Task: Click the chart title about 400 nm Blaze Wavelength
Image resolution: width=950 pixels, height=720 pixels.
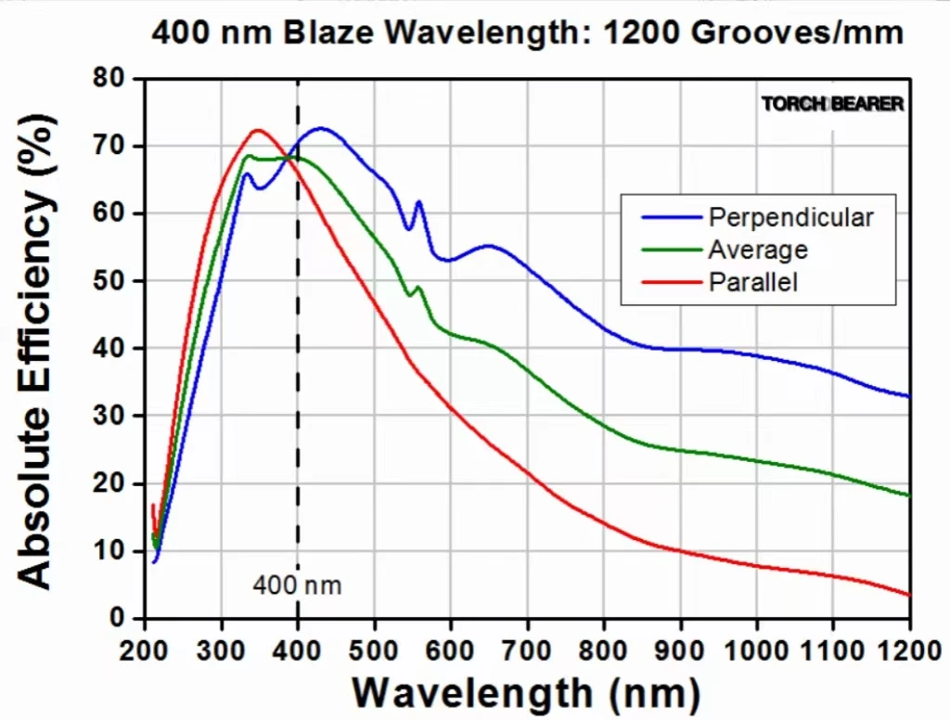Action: click(527, 32)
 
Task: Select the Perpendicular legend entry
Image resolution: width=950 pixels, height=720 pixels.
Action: click(790, 217)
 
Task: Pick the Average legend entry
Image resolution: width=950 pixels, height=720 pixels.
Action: click(757, 250)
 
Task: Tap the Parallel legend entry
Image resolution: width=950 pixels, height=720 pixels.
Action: click(753, 281)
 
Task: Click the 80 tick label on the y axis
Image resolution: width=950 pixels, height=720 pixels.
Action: click(109, 79)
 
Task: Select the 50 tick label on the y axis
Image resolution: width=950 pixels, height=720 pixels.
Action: click(109, 281)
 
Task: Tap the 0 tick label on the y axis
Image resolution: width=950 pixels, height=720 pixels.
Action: click(118, 618)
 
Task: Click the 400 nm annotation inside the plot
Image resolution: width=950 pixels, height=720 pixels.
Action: click(297, 585)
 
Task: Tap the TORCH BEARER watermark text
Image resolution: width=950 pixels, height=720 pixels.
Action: click(832, 104)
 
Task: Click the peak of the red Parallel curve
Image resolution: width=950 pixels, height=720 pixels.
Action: click(258, 130)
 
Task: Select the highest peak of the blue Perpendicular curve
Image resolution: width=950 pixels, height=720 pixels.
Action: click(321, 128)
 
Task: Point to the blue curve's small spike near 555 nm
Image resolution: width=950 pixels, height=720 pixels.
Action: click(418, 201)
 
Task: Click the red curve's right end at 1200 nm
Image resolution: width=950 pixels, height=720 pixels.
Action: click(909, 595)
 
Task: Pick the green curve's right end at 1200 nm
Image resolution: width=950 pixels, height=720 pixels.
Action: click(909, 495)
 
